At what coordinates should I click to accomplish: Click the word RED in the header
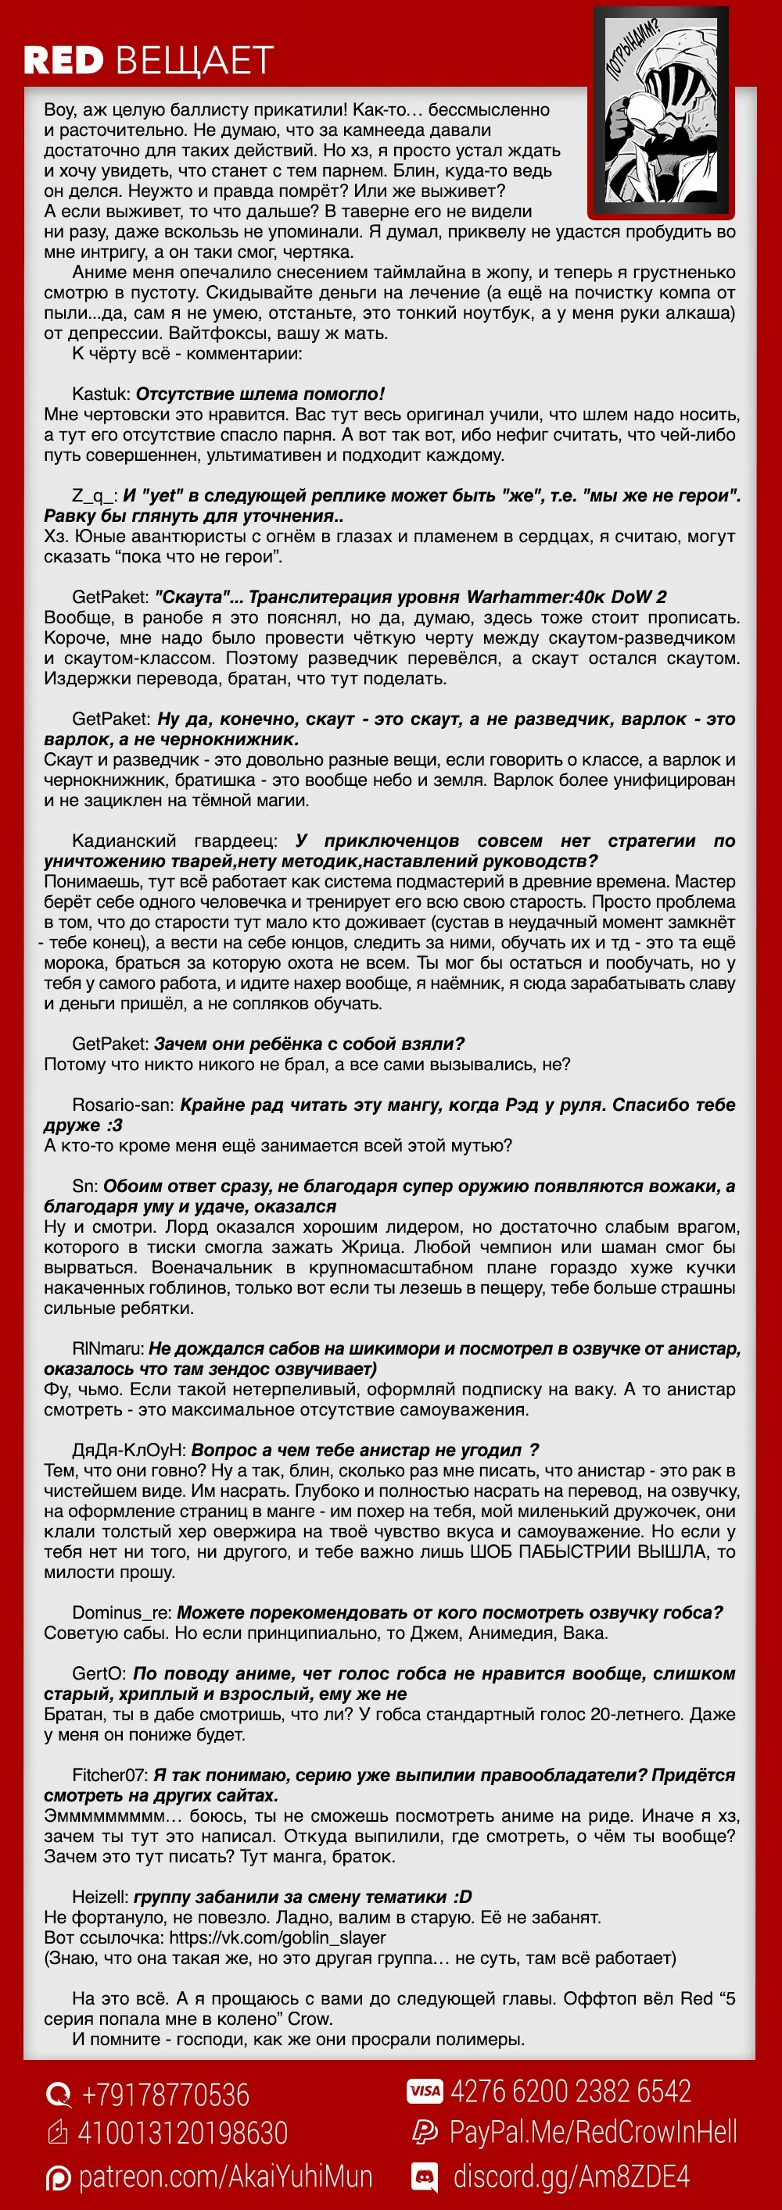[63, 61]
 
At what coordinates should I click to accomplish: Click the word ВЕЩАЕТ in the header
[194, 61]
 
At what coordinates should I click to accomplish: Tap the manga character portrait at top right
[658, 112]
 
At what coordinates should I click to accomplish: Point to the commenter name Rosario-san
[123, 1105]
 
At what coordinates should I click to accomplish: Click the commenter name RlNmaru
[107, 1348]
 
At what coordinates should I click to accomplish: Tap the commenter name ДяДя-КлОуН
[128, 1450]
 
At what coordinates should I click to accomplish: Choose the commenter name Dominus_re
[121, 1613]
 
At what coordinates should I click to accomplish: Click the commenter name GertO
[99, 1674]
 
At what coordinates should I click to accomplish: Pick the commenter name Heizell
[99, 1897]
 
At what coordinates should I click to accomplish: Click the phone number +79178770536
[165, 2094]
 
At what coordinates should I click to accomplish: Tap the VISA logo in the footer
[425, 2091]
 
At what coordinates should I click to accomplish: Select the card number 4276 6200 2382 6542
[570, 2091]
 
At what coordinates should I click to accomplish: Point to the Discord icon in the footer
[425, 2176]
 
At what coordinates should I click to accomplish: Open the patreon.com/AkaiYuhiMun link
[225, 2176]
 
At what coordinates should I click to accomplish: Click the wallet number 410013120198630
[183, 2133]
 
